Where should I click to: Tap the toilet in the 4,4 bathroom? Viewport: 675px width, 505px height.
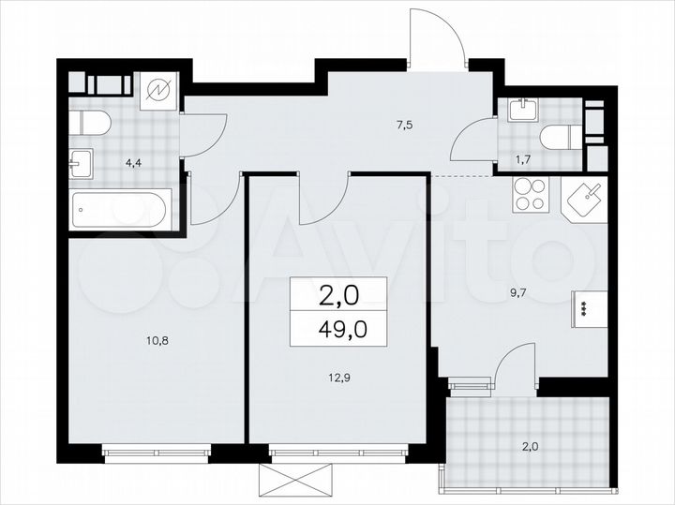pyautogui.click(x=93, y=122)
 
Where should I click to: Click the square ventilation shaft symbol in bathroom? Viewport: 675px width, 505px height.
pyautogui.click(x=159, y=91)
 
